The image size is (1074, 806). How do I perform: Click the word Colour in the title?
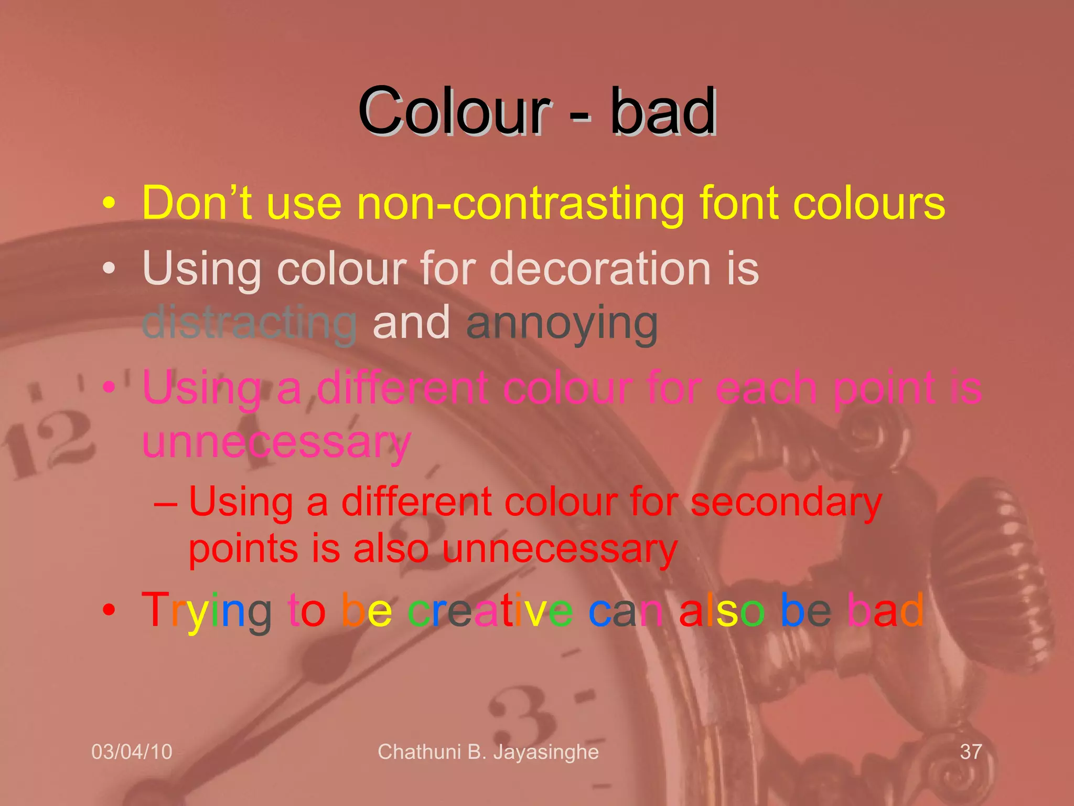coord(454,112)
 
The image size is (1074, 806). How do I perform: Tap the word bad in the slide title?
coord(663,112)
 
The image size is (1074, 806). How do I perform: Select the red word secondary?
coord(786,503)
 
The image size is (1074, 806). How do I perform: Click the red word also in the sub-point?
coord(391,549)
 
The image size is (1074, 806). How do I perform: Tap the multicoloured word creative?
coord(490,610)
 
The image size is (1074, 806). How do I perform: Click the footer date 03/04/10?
coord(132,752)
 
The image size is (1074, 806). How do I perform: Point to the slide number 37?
coord(971,752)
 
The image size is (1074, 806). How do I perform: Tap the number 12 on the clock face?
coord(50,443)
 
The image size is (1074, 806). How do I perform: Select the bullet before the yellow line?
coord(109,204)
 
